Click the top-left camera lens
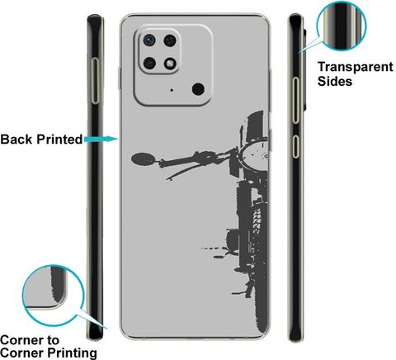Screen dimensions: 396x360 pyautogui.click(x=149, y=40)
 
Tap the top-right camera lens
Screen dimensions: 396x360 pyautogui.click(x=170, y=40)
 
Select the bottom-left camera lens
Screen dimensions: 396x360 pyautogui.click(x=149, y=64)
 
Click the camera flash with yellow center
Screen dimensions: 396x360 pyautogui.click(x=170, y=64)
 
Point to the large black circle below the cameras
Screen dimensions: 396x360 pyautogui.click(x=198, y=89)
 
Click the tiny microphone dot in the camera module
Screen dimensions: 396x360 pyautogui.click(x=172, y=90)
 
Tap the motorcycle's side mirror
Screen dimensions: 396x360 pyautogui.click(x=143, y=159)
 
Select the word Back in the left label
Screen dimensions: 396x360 pyautogui.click(x=16, y=140)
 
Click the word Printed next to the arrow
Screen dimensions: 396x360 pyautogui.click(x=59, y=140)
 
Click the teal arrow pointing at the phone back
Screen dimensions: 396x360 pyautogui.click(x=101, y=139)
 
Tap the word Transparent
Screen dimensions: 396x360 pyautogui.click(x=356, y=67)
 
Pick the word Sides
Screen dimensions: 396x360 pyautogui.click(x=335, y=81)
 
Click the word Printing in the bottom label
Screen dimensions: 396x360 pyautogui.click(x=72, y=353)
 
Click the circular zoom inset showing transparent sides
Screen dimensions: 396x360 pyautogui.click(x=342, y=26)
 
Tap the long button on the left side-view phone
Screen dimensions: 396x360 pyautogui.click(x=95, y=81)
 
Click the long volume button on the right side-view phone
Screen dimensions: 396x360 pyautogui.click(x=295, y=100)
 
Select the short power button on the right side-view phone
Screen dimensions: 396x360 pyautogui.click(x=295, y=146)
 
